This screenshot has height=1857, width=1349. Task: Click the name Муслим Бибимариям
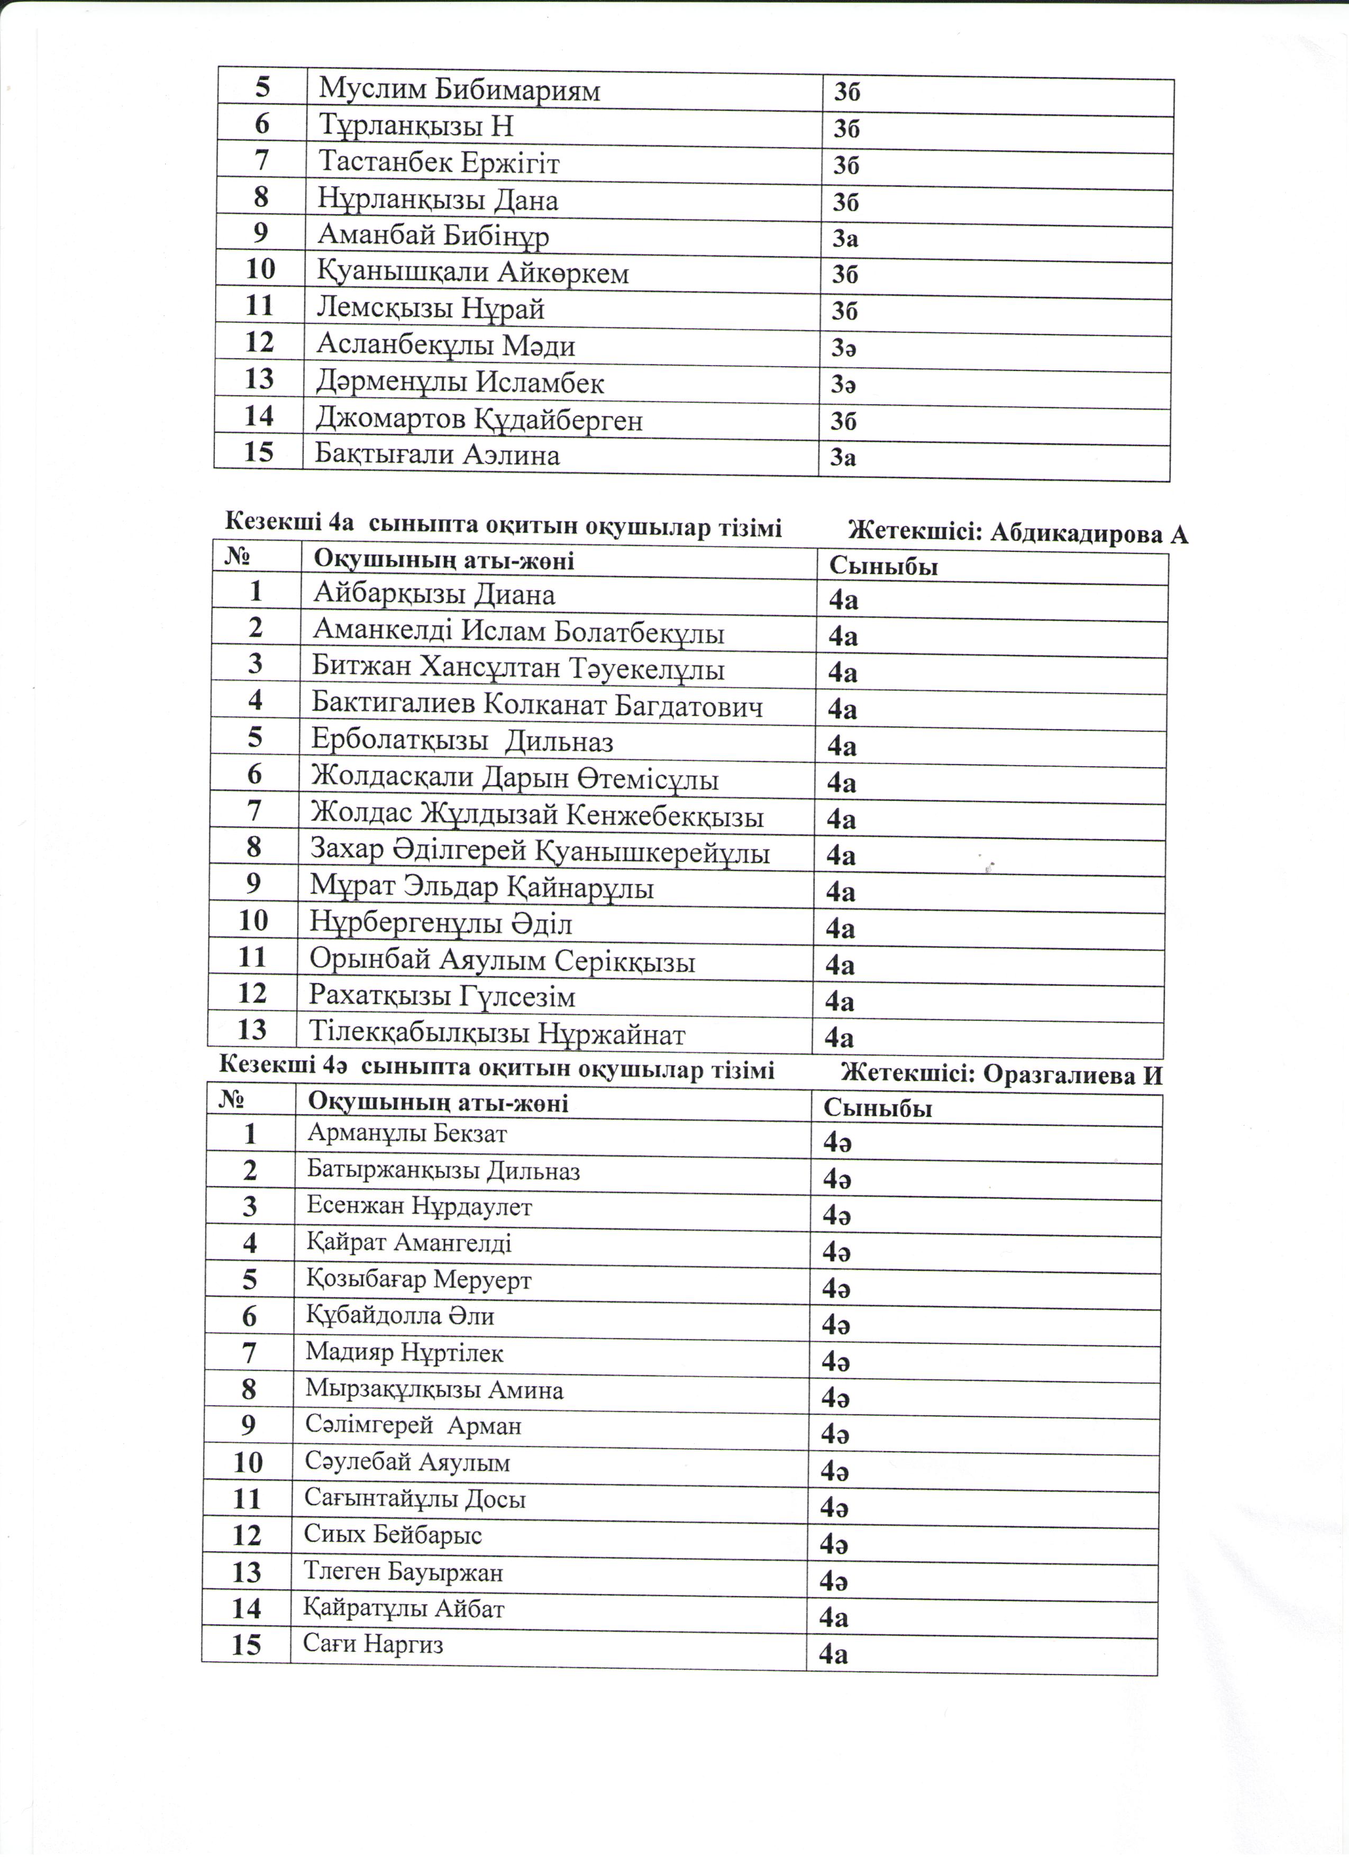459,90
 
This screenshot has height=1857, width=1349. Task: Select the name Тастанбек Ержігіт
439,163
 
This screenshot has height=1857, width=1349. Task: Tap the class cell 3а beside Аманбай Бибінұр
845,239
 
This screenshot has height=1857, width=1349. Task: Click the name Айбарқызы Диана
434,595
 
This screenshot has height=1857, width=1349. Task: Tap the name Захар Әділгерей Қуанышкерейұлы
540,852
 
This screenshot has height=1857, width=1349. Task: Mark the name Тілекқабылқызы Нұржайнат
497,1035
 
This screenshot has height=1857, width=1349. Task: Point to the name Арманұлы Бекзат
407,1134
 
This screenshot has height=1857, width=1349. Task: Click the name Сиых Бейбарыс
393,1534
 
